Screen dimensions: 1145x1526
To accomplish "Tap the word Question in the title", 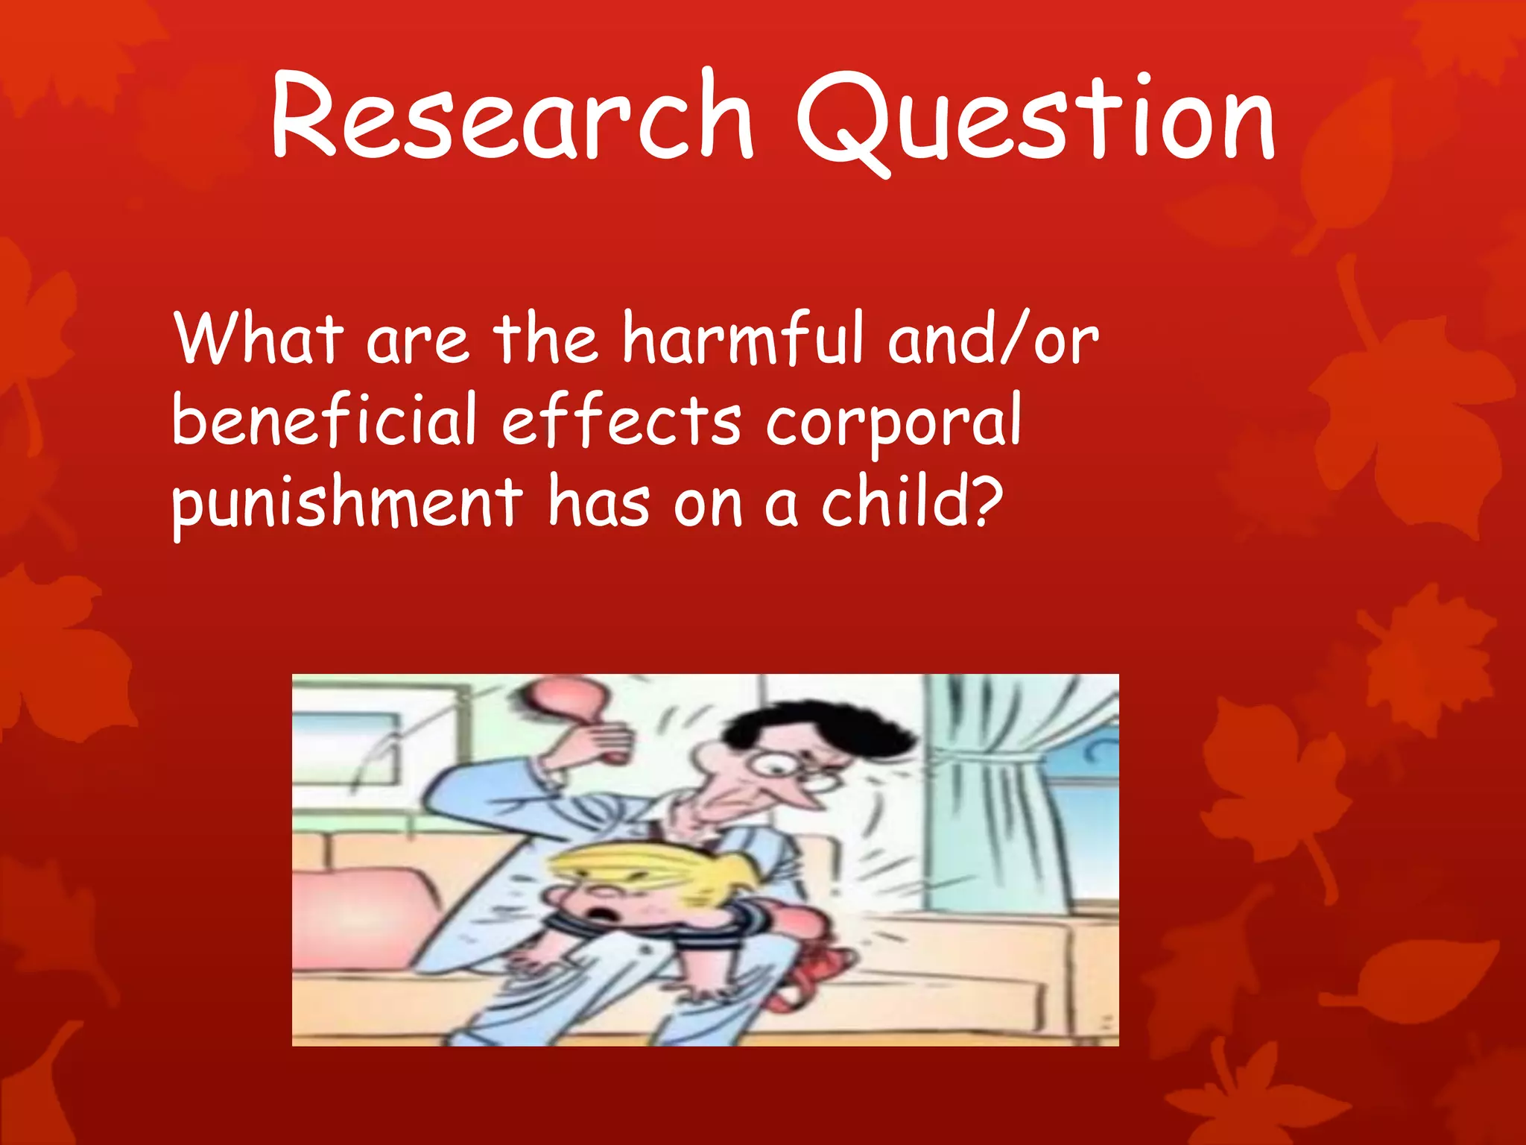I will tap(1036, 119).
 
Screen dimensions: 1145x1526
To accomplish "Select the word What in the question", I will tap(259, 339).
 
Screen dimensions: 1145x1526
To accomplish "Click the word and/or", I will tap(993, 339).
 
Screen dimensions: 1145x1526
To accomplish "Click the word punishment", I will tap(347, 504).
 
